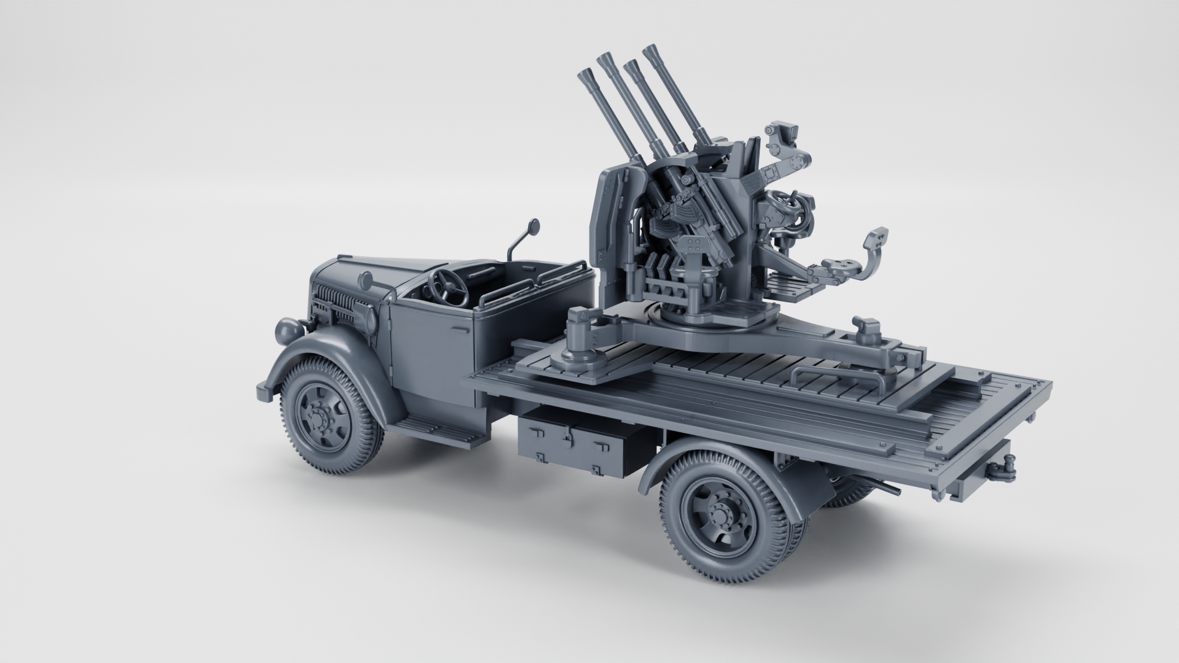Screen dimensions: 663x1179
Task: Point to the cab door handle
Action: [457, 330]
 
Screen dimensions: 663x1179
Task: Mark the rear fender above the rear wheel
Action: [694, 454]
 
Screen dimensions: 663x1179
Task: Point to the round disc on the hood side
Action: [367, 282]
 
